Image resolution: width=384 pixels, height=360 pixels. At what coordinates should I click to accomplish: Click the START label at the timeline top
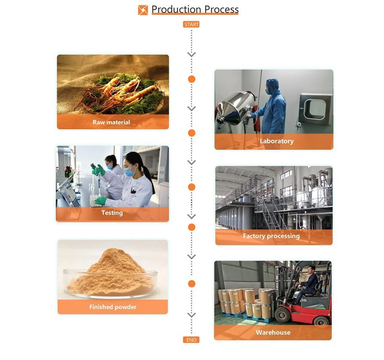click(x=191, y=24)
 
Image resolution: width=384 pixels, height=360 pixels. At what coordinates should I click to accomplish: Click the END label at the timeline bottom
click(x=191, y=340)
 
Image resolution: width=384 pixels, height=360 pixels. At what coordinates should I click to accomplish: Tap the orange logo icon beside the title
click(x=143, y=10)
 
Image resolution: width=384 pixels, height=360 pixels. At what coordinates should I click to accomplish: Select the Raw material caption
click(x=111, y=122)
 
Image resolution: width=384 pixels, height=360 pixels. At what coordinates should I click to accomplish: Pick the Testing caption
click(x=112, y=213)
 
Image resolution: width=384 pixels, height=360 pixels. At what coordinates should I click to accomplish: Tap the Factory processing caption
click(x=271, y=236)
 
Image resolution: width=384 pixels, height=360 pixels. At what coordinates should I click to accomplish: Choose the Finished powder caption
click(x=113, y=307)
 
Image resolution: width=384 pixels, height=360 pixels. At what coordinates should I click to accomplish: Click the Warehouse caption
click(x=273, y=332)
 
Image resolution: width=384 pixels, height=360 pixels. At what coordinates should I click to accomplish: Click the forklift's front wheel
click(x=283, y=314)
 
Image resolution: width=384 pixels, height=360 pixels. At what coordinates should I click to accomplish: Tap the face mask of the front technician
click(x=129, y=171)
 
